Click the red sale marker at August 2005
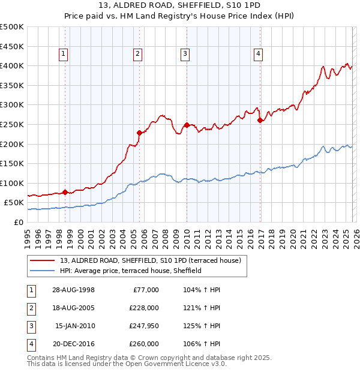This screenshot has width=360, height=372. click(x=139, y=133)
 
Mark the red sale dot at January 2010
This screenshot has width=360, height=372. click(x=187, y=125)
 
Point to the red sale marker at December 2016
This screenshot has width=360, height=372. click(x=260, y=120)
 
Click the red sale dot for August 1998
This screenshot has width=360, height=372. click(x=65, y=192)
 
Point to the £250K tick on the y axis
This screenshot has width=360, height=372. click(x=12, y=124)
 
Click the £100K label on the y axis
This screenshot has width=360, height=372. click(x=12, y=183)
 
